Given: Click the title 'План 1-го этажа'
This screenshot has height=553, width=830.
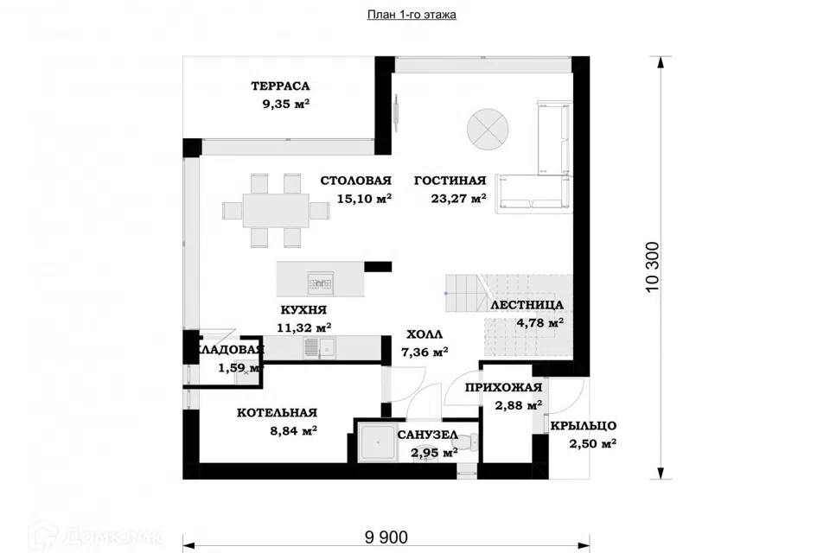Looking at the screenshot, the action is [x=412, y=15].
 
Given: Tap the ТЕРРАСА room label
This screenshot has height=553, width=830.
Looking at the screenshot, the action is [x=280, y=86].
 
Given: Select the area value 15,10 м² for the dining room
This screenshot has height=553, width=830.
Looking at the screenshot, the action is [x=364, y=199].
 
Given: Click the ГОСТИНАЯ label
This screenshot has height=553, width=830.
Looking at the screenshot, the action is [x=450, y=181].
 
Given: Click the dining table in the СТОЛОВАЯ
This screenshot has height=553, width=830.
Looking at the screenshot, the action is [x=276, y=211].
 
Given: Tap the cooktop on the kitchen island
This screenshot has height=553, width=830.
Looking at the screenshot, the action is [x=321, y=284].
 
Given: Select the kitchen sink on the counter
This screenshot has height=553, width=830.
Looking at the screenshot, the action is [x=319, y=347].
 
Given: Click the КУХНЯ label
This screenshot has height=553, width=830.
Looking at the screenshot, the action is [x=303, y=309].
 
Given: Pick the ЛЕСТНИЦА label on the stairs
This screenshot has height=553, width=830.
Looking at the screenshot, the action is [x=527, y=305].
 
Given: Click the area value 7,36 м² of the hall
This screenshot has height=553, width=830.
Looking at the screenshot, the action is [x=425, y=352].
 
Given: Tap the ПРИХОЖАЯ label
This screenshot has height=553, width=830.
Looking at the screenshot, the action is [x=503, y=387].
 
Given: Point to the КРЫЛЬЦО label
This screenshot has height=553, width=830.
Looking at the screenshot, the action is [x=584, y=425].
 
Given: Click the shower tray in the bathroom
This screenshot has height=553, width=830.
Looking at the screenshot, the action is [x=376, y=442].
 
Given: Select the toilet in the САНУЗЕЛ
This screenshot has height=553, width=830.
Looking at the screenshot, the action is [x=469, y=441].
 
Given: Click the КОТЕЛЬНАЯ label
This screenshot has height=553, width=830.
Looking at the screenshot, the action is [x=277, y=413].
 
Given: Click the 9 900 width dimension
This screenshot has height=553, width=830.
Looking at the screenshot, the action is [x=386, y=537].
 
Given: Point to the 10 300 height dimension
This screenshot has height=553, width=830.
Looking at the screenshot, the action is [x=653, y=267].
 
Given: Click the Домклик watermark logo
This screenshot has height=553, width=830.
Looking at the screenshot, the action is [x=96, y=535].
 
